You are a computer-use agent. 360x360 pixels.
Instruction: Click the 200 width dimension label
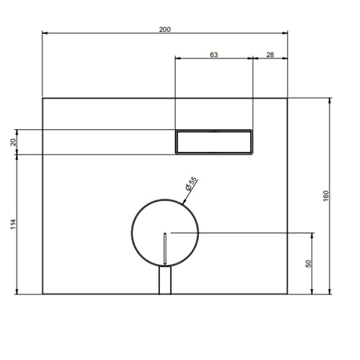165,29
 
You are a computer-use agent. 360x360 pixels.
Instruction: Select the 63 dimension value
214,55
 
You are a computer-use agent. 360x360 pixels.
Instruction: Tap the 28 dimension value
270,55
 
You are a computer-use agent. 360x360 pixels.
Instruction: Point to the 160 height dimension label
326,196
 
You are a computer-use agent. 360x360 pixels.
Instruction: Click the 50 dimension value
309,263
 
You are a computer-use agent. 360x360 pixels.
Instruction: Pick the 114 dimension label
13,224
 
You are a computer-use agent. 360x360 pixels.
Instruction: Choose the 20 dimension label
13,142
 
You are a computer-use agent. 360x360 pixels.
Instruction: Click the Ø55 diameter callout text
191,184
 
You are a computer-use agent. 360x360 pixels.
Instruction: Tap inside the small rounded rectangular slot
214,142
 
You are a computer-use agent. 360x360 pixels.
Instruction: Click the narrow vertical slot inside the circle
165,248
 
